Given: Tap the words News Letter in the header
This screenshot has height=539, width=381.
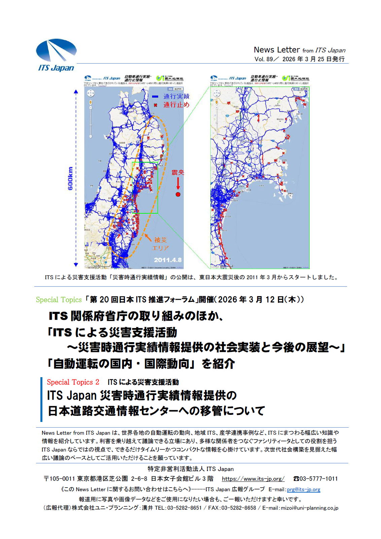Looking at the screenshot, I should pos(276,50).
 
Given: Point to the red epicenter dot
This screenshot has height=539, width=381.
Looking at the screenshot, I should pos(178,194).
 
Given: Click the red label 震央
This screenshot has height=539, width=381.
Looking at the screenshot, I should pos(178,173).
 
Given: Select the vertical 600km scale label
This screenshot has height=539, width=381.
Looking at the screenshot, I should pos(70,178).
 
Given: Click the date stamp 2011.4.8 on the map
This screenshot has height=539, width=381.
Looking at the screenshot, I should pos(168,260).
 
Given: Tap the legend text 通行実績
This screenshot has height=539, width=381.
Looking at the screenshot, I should pos(176,97).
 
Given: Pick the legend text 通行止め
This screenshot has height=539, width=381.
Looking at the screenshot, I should pos(176,105).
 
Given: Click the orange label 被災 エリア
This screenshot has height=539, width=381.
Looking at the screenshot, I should pos(160,244).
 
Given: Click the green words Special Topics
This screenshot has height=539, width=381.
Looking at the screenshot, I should pos(59,300).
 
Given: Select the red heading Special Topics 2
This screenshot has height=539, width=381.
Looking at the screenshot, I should pos(73,382).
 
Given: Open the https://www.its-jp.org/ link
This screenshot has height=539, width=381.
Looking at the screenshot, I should pos(253,479).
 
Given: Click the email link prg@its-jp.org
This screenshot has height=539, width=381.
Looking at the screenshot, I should pos(304,490).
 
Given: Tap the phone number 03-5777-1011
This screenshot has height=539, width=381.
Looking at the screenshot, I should pos(318,479).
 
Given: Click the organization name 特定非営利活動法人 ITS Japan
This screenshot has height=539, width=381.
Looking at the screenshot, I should pos(190,469).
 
